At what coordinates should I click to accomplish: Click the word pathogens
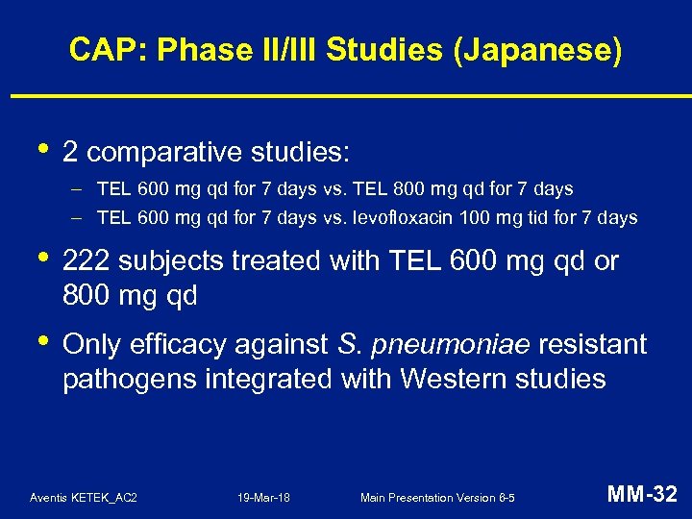pyautogui.click(x=129, y=379)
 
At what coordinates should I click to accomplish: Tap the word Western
pyautogui.click(x=450, y=379)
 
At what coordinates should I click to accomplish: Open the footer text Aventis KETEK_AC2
pyautogui.click(x=84, y=498)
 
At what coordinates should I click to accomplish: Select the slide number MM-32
pyautogui.click(x=642, y=495)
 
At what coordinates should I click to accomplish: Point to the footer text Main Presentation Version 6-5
pyautogui.click(x=437, y=498)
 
